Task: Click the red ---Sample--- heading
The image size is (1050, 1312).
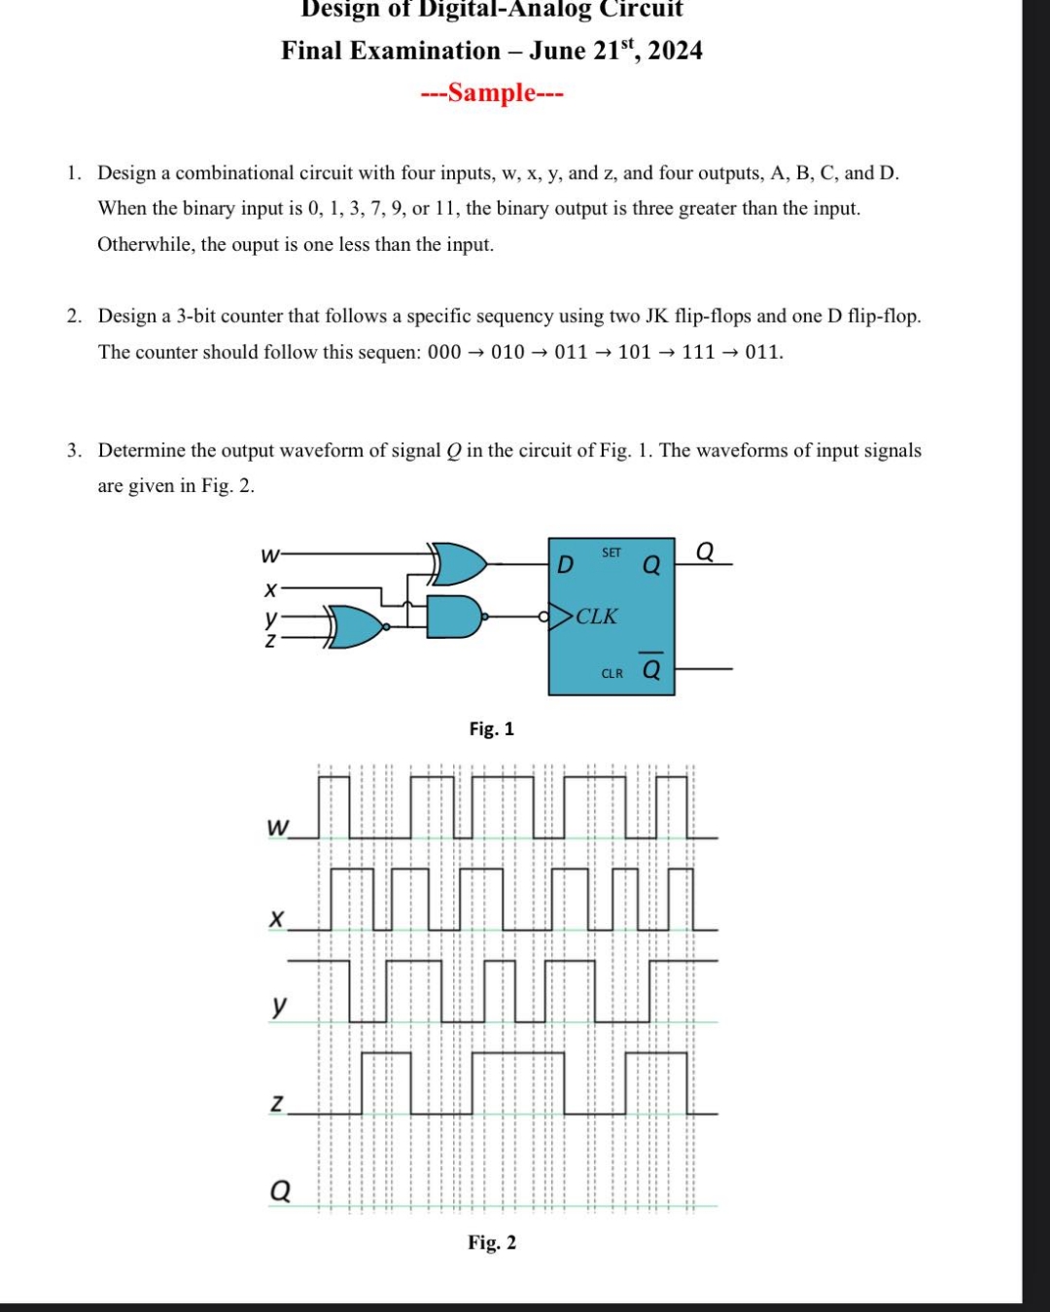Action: click(x=492, y=93)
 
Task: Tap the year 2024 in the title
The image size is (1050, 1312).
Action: click(x=675, y=51)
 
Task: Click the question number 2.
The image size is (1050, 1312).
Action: click(x=74, y=316)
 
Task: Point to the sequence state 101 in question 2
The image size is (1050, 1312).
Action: click(x=634, y=352)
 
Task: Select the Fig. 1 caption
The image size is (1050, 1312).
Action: click(x=492, y=728)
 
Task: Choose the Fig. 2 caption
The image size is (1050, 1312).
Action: click(x=492, y=1242)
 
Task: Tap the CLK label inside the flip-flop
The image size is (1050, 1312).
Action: click(x=596, y=617)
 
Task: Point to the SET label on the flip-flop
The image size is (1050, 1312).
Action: click(x=612, y=552)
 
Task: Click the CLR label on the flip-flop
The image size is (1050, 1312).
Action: click(x=612, y=673)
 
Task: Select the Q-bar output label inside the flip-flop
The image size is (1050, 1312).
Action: click(x=651, y=669)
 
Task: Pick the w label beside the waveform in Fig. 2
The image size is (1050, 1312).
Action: click(x=277, y=828)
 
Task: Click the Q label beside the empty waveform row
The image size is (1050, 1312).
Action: click(x=279, y=1190)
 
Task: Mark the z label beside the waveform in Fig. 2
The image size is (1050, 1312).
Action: click(x=277, y=1103)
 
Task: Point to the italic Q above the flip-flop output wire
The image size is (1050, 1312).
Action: click(x=705, y=551)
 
